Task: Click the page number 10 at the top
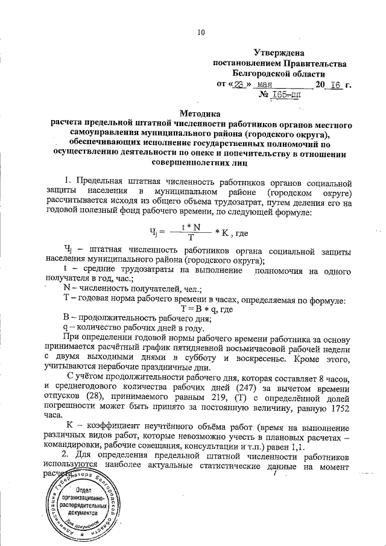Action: tap(201, 32)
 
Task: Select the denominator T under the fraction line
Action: tap(191, 236)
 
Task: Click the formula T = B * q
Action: tap(194, 309)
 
